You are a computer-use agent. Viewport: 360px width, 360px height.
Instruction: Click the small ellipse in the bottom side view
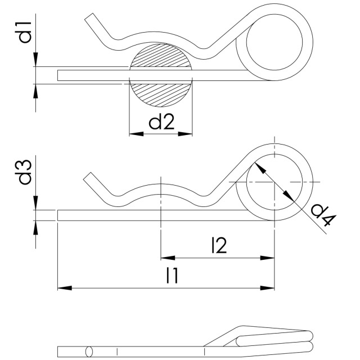[x=88, y=352]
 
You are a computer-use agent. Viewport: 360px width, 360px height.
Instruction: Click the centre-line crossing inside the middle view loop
[x=274, y=181]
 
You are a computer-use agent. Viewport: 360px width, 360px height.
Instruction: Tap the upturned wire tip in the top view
[x=89, y=20]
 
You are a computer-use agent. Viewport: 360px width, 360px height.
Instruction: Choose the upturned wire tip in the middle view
[x=88, y=177]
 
